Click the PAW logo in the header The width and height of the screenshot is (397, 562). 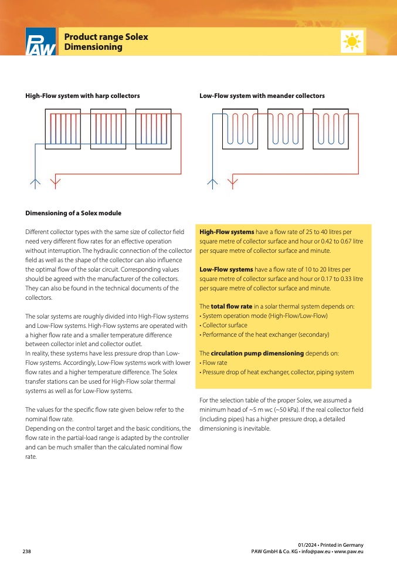(x=40, y=42)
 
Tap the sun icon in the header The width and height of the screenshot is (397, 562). (x=352, y=42)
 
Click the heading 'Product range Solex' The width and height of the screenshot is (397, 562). (x=106, y=37)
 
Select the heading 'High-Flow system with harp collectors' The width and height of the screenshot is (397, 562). (x=83, y=96)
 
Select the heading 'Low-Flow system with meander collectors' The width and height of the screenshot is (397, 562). (x=262, y=96)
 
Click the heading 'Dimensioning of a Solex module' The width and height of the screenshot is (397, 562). (x=73, y=212)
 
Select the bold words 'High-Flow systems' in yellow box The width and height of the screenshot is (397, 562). (x=227, y=232)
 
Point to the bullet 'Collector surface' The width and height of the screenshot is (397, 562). (x=225, y=325)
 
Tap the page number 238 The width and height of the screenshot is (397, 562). (x=27, y=551)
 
